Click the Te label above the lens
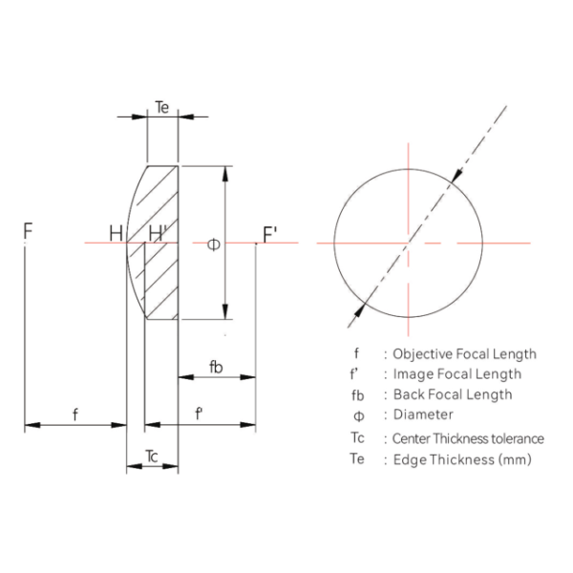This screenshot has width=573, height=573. (162, 107)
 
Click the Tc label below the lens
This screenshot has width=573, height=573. (152, 456)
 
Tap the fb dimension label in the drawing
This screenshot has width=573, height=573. (216, 367)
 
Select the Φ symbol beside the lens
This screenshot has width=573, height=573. (213, 244)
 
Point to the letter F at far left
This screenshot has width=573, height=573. (28, 230)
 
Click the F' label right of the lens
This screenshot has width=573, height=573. (270, 235)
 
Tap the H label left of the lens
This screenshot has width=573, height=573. (116, 233)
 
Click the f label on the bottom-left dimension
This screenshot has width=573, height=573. (75, 414)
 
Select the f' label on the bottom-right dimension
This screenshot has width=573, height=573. (199, 414)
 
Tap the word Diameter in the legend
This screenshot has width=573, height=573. (423, 414)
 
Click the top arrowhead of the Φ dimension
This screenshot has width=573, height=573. (225, 174)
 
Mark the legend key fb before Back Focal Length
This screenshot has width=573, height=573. (358, 395)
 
